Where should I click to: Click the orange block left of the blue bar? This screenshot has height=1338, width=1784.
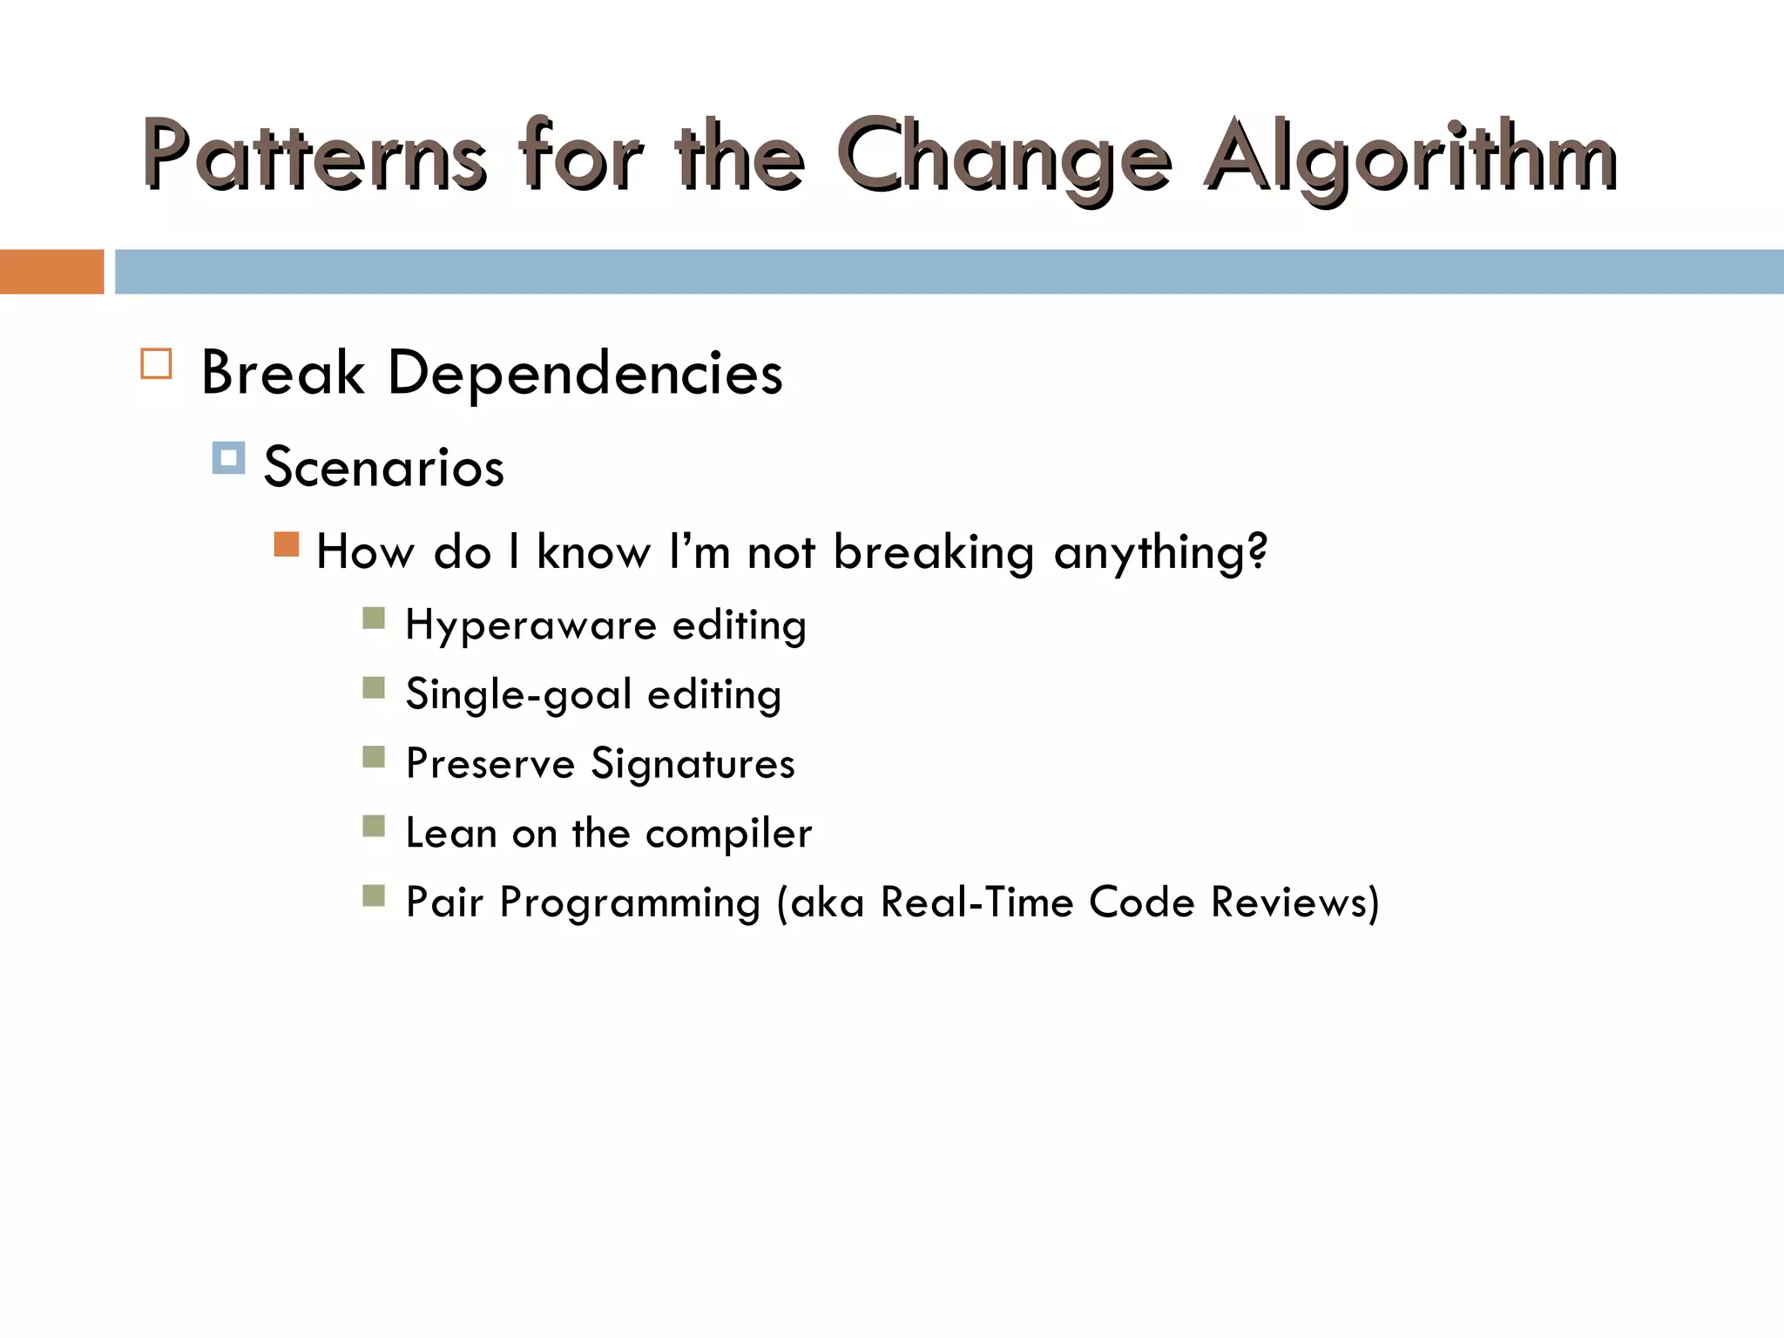(51, 272)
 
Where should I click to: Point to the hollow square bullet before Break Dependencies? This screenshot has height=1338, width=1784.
(156, 363)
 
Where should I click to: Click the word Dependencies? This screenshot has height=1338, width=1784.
(585, 374)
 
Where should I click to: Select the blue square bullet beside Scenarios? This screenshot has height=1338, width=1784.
(228, 457)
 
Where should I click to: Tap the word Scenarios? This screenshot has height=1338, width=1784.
(383, 467)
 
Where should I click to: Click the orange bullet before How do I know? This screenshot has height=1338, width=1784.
(287, 544)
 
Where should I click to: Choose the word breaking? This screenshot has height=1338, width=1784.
(933, 552)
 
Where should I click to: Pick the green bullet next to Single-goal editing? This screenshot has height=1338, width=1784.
(374, 688)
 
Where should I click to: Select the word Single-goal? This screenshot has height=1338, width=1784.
(519, 695)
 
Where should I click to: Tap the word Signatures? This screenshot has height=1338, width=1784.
(693, 764)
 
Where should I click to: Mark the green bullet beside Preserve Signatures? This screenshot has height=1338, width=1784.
(374, 757)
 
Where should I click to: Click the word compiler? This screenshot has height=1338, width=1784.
(728, 834)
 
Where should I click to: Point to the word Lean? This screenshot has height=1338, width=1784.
(451, 833)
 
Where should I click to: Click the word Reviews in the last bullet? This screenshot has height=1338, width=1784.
(1294, 902)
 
